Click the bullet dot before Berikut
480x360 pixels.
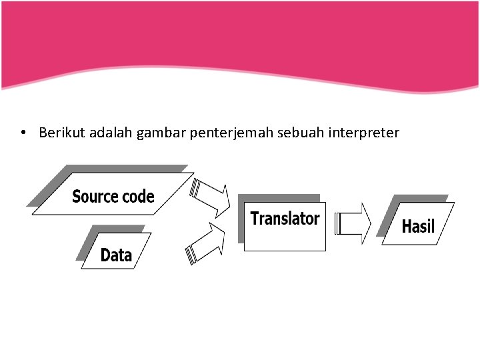(x=23, y=133)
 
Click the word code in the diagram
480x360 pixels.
(x=138, y=197)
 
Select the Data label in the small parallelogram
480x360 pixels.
(x=116, y=255)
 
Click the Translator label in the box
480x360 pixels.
(x=285, y=218)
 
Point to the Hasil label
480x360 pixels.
(x=418, y=227)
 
